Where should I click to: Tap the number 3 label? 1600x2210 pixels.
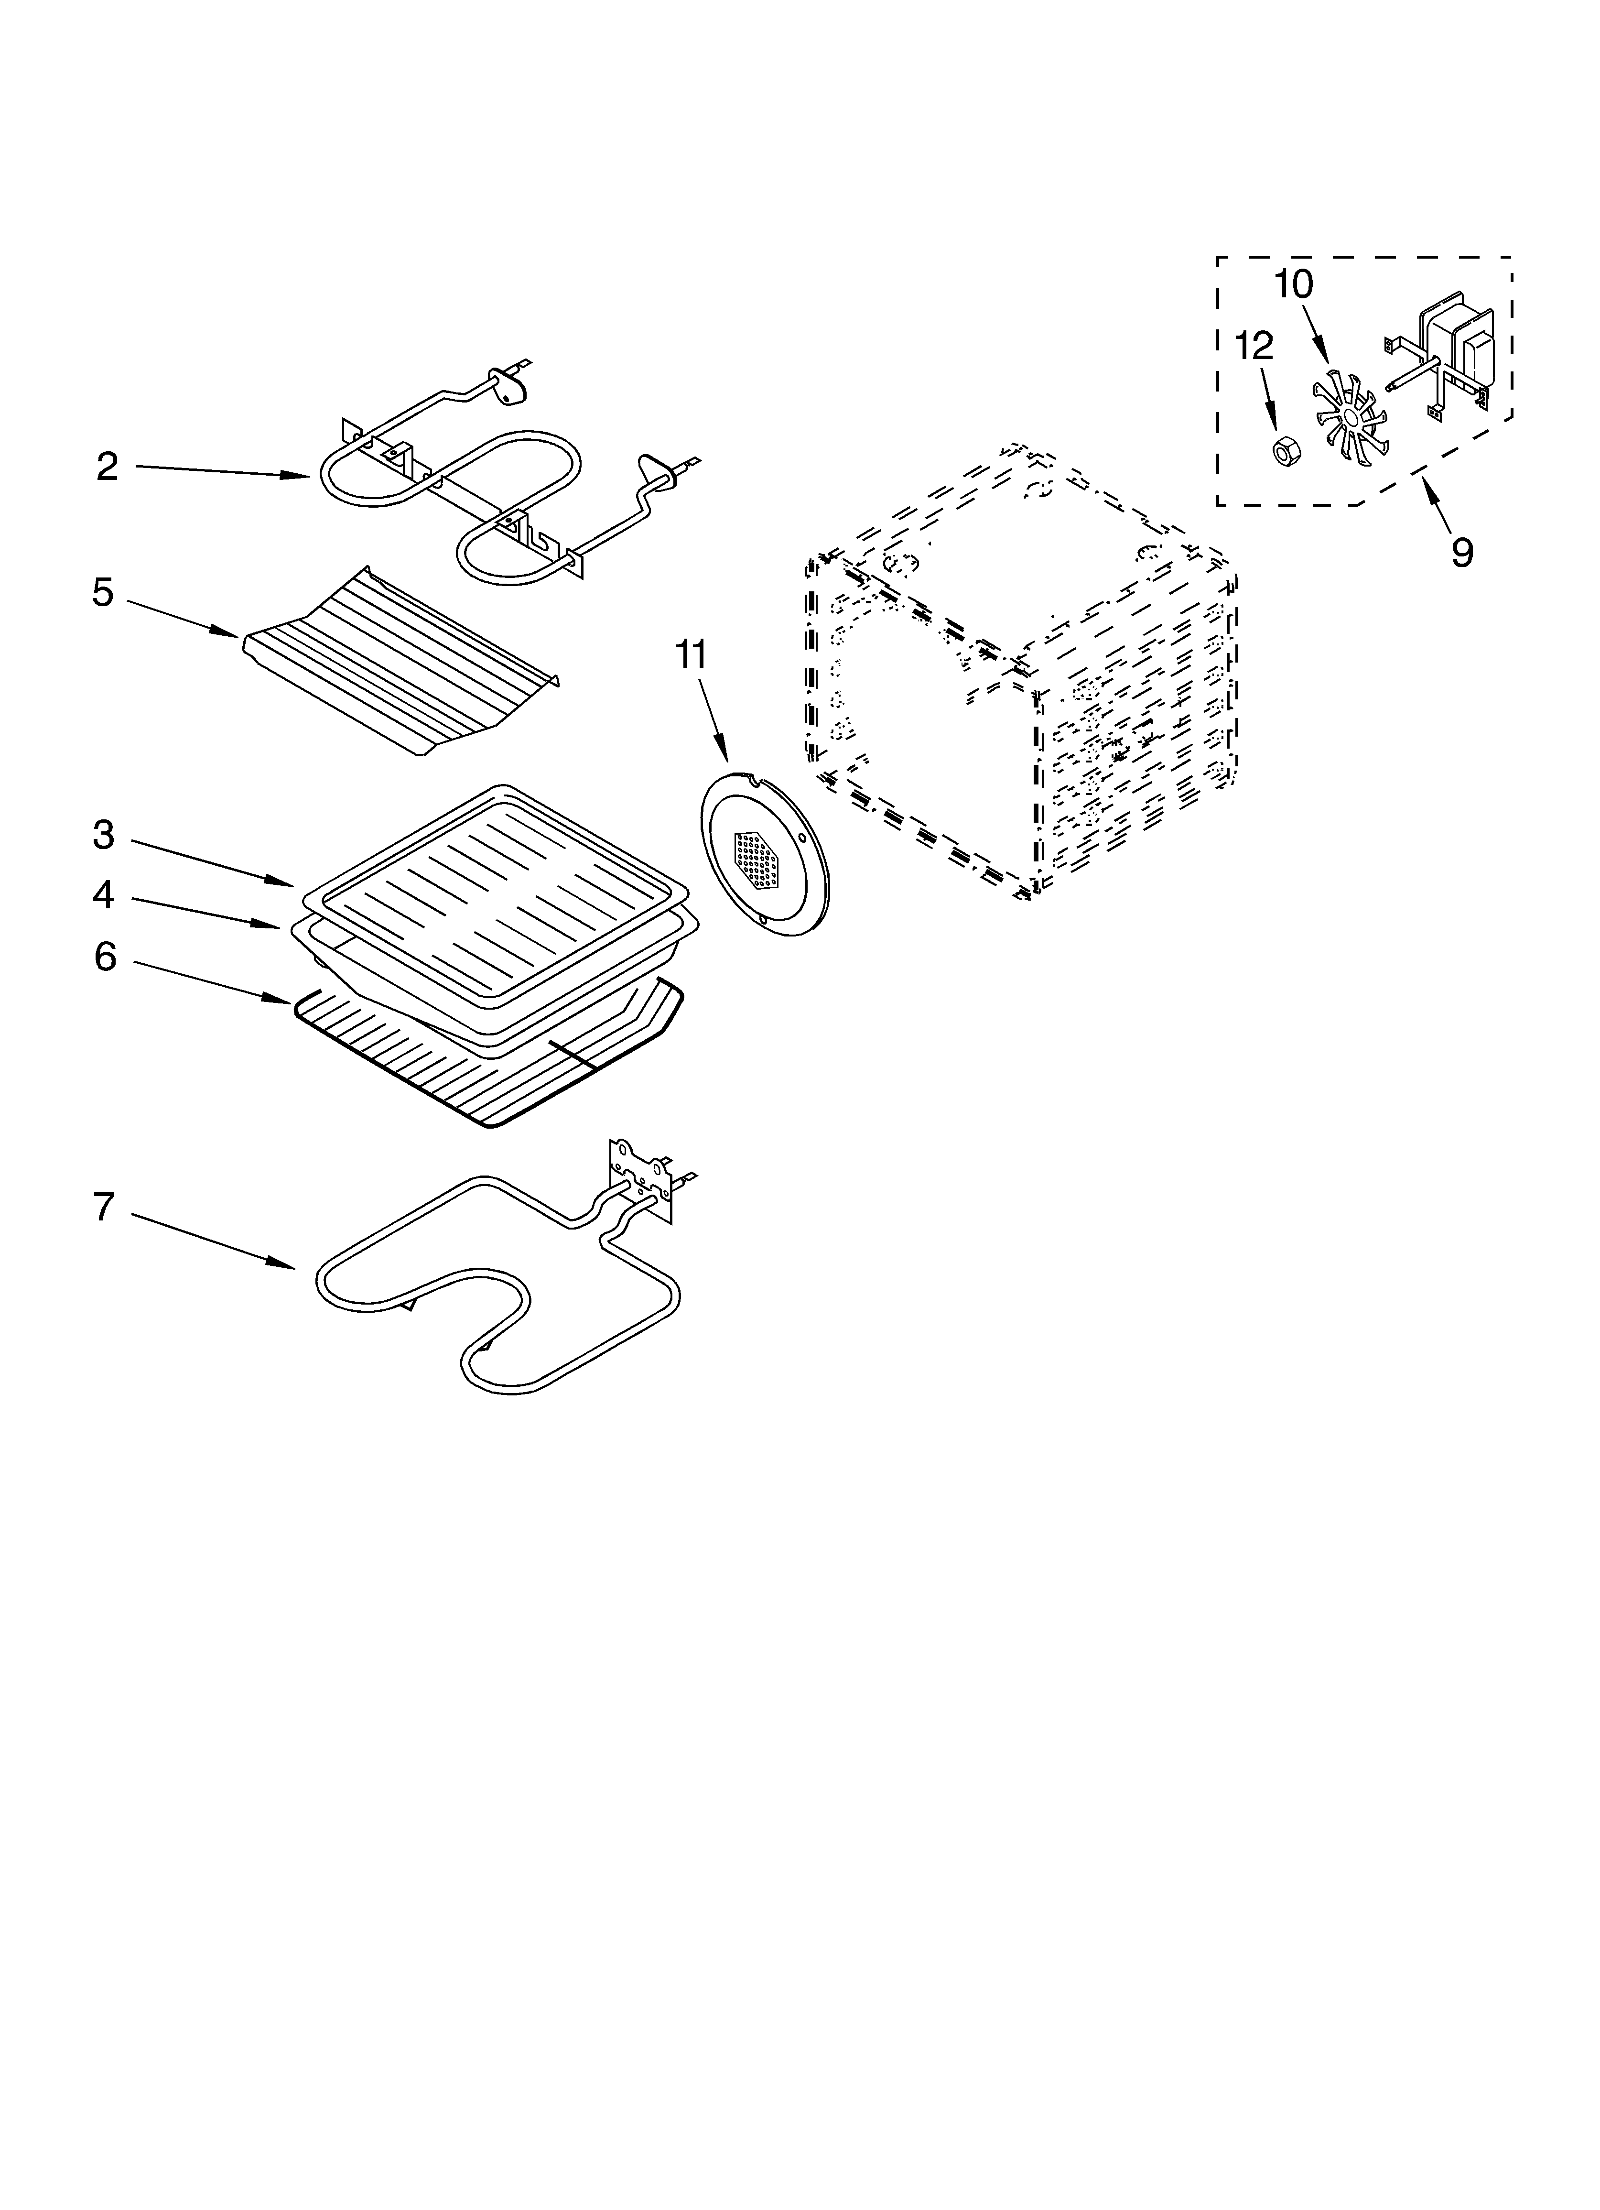(103, 835)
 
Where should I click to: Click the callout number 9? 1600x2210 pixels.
(1461, 553)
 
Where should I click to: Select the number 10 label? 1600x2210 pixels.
(1293, 284)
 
